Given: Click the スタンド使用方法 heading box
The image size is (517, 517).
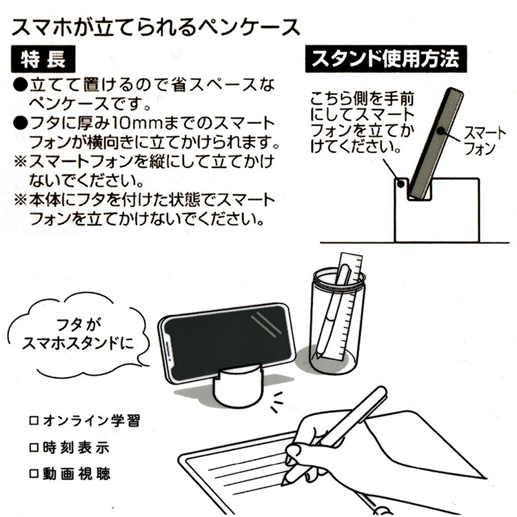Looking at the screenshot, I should [x=385, y=59].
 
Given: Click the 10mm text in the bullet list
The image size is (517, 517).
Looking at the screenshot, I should [x=137, y=124].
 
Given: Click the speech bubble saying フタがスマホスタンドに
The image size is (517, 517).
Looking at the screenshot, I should [x=79, y=334].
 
